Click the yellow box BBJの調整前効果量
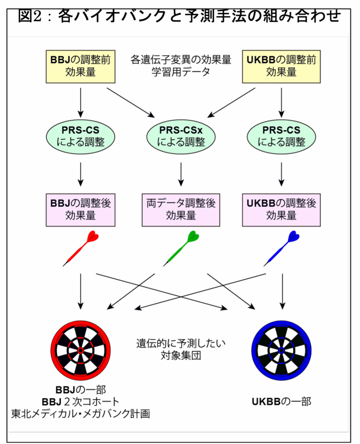tap(81, 66)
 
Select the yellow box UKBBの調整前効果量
tap(281, 66)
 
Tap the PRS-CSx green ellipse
tap(181, 136)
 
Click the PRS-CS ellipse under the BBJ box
tap(81, 136)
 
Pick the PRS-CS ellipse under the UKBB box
tap(281, 136)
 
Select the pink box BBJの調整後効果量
tap(81, 210)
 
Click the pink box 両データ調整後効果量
tap(181, 210)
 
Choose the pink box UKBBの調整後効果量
tap(281, 210)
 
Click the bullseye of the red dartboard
tap(81, 350)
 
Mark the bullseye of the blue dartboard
tap(281, 350)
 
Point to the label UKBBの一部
tap(281, 402)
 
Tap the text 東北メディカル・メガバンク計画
tap(81, 414)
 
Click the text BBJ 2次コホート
tap(81, 401)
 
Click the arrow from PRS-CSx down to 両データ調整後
tap(181, 173)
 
